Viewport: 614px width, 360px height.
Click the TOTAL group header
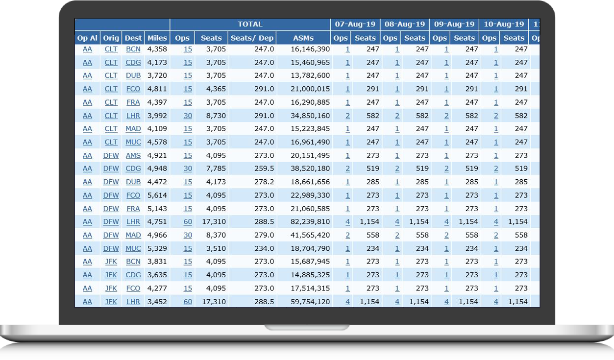(x=250, y=24)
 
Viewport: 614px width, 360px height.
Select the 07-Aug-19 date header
(x=355, y=24)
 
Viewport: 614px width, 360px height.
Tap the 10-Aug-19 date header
(x=503, y=24)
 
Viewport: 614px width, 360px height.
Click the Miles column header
(x=157, y=38)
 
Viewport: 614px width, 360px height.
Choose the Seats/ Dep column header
(x=252, y=38)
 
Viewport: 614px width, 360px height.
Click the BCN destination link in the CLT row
(x=133, y=49)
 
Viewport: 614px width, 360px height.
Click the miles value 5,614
(x=157, y=195)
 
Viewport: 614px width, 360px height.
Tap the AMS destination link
(x=133, y=155)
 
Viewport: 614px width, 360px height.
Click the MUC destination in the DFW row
(x=133, y=248)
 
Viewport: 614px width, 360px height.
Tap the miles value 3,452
(x=157, y=302)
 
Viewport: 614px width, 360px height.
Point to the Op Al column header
(x=87, y=38)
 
